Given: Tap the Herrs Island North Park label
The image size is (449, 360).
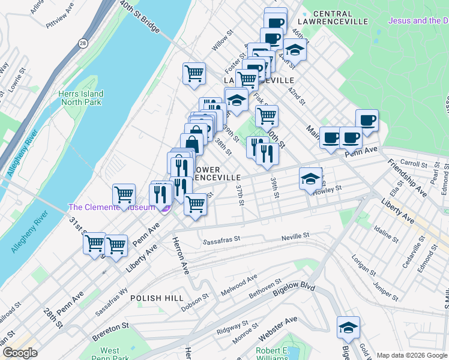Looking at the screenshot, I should (x=81, y=98).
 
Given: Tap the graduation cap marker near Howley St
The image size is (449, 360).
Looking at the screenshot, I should (x=310, y=179).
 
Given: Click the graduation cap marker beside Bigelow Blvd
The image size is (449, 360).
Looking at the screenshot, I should (x=348, y=328).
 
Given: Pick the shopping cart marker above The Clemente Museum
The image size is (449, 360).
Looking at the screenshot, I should (x=124, y=194).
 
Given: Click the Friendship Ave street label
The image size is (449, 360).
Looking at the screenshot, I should (x=406, y=178).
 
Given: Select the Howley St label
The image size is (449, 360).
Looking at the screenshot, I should (x=328, y=188).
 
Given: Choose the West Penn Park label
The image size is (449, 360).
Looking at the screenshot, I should (x=109, y=354).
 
